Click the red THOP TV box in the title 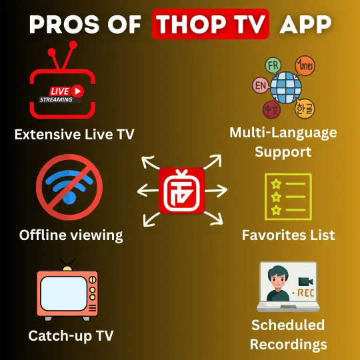[210, 24]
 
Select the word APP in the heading [306, 24]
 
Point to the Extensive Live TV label [74, 135]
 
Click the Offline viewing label [71, 235]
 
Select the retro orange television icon [67, 293]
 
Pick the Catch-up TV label [71, 335]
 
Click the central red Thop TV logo [181, 190]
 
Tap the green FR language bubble [273, 66]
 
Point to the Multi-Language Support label [283, 142]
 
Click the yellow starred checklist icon [288, 196]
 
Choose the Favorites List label [288, 235]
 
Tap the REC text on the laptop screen [307, 293]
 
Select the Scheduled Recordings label [288, 335]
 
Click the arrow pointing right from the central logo [217, 191]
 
